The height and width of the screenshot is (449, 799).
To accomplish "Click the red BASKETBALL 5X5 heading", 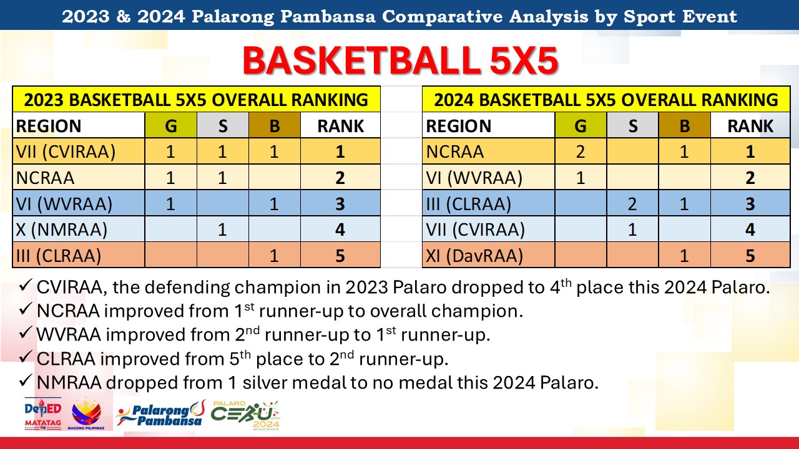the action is [400, 60].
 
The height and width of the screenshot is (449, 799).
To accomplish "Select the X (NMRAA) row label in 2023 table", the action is [61, 229].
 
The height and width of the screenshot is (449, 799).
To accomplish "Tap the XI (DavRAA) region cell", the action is [474, 256].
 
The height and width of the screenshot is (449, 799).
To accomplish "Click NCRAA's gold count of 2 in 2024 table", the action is [581, 152].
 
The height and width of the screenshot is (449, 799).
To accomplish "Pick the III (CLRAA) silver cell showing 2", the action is [632, 203].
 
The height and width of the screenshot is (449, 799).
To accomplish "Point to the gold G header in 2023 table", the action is [171, 125].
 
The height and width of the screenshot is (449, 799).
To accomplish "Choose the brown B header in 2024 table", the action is [685, 125].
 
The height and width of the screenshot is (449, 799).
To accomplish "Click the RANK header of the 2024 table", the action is [750, 125].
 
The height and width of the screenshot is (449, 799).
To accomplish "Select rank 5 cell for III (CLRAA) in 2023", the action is [340, 256].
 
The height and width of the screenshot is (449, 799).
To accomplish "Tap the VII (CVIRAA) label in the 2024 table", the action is [475, 229].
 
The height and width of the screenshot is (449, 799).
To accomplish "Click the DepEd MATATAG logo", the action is [43, 413].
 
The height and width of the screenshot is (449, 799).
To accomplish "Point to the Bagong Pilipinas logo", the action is [86, 413].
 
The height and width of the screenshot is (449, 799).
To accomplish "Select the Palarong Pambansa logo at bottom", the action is [160, 413].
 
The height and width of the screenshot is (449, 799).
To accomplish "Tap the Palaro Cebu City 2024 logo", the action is [245, 415].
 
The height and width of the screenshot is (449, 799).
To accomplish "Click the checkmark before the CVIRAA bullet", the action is [26, 286].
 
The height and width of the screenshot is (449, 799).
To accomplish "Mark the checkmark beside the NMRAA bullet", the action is [26, 381].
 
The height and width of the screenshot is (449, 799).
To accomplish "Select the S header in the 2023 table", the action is [223, 125].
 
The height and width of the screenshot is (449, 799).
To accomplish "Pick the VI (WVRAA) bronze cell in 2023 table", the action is [274, 203].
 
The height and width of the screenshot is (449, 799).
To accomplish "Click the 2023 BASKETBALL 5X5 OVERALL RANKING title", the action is [196, 99].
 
